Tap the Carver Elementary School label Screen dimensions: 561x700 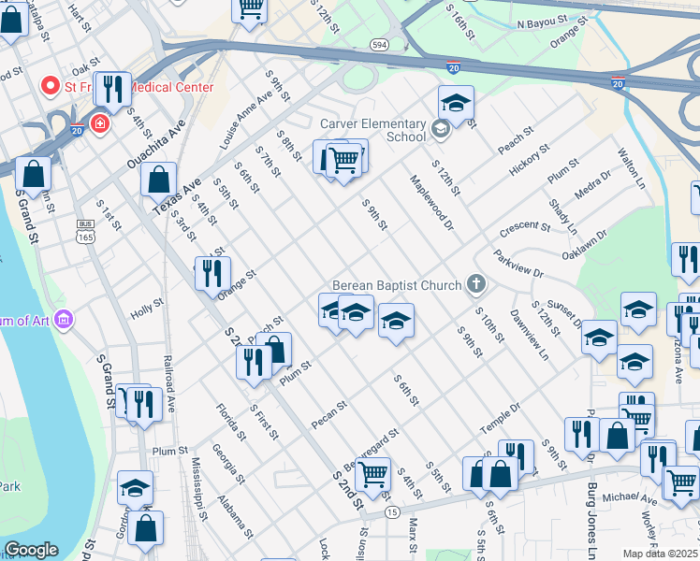click(x=373, y=130)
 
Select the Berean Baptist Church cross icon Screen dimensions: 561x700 click(x=476, y=284)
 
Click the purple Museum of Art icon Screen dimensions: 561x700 click(x=64, y=321)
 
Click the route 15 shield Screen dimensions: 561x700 click(x=391, y=511)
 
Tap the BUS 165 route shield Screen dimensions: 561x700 click(x=86, y=231)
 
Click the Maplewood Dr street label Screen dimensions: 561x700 click(x=431, y=201)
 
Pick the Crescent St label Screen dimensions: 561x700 click(x=525, y=227)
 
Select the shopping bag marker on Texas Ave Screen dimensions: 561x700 click(x=159, y=178)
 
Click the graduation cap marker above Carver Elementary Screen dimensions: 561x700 click(x=456, y=103)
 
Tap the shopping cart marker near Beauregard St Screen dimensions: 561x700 click(x=372, y=473)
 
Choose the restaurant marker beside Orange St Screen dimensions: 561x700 click(x=212, y=272)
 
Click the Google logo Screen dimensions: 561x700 click(x=31, y=550)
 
